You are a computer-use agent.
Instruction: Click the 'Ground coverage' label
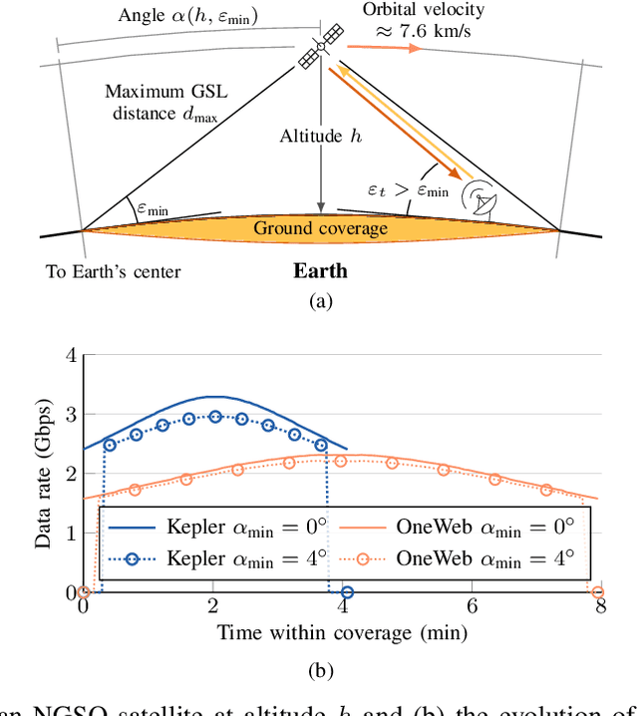coord(319,228)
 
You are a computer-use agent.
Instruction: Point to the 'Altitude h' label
coord(320,137)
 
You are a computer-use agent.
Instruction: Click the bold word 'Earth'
coord(320,271)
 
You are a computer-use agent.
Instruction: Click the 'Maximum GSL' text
coord(160,92)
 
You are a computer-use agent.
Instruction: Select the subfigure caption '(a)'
coord(319,299)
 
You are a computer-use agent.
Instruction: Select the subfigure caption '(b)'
coord(319,669)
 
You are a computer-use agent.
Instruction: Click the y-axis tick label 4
coord(70,355)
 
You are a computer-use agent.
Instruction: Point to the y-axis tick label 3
coord(70,414)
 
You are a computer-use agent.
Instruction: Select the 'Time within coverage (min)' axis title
coord(341,632)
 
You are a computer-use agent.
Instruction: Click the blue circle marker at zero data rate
coord(346,592)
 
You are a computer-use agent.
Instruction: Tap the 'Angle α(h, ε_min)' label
coord(185,15)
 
